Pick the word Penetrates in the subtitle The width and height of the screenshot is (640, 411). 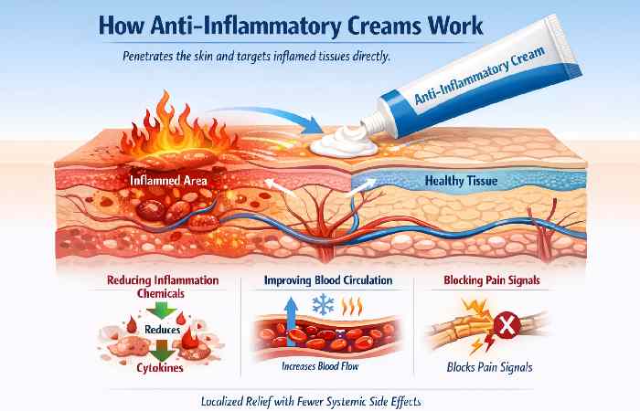pyautogui.click(x=153, y=57)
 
